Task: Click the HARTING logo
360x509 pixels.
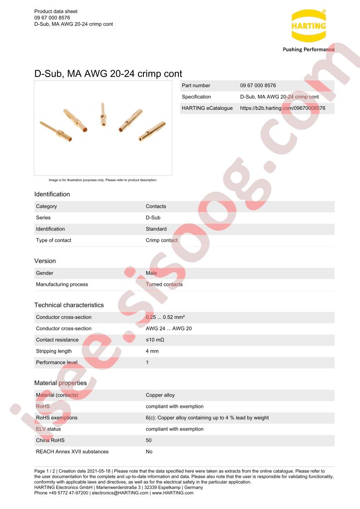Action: point(308,26)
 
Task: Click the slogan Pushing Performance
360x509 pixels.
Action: point(308,49)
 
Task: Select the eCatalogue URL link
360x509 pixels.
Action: point(282,108)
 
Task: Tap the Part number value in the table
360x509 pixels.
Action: point(258,85)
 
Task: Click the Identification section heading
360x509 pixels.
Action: point(52,194)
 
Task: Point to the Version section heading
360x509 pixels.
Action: point(45,261)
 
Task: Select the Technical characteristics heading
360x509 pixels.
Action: point(69,305)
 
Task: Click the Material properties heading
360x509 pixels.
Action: point(60,383)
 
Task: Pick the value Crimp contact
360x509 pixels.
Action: point(162,240)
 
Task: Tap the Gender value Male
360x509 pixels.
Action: point(151,273)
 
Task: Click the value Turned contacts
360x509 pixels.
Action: point(164,284)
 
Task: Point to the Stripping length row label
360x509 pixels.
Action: point(54,351)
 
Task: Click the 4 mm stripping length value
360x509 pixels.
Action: point(152,351)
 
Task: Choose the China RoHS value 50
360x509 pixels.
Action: point(148,440)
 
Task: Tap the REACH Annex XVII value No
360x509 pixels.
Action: point(149,451)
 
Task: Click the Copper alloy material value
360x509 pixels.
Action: point(160,395)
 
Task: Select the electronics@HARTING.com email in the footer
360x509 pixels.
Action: point(120,493)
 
